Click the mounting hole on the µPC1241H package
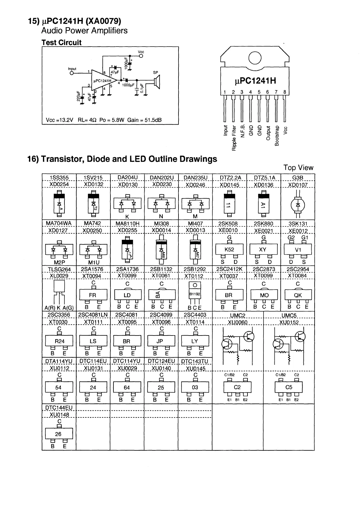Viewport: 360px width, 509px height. (x=255, y=57)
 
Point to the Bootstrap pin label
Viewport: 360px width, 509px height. (x=277, y=136)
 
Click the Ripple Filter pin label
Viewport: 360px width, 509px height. (x=234, y=138)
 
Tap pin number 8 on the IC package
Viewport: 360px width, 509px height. (x=285, y=92)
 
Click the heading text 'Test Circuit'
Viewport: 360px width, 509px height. (x=61, y=43)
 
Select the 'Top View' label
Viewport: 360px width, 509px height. (x=298, y=168)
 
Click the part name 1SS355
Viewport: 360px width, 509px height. (x=59, y=178)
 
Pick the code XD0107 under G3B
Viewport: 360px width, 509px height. (x=298, y=184)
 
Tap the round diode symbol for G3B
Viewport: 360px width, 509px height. (x=298, y=205)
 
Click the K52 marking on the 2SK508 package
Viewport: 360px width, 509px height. (x=229, y=250)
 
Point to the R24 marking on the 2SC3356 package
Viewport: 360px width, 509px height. (x=59, y=341)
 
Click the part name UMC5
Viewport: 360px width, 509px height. (x=289, y=316)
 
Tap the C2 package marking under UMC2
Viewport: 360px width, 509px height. (x=237, y=387)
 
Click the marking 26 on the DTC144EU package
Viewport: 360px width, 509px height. (x=58, y=434)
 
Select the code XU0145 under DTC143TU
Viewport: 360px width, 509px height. (x=195, y=368)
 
